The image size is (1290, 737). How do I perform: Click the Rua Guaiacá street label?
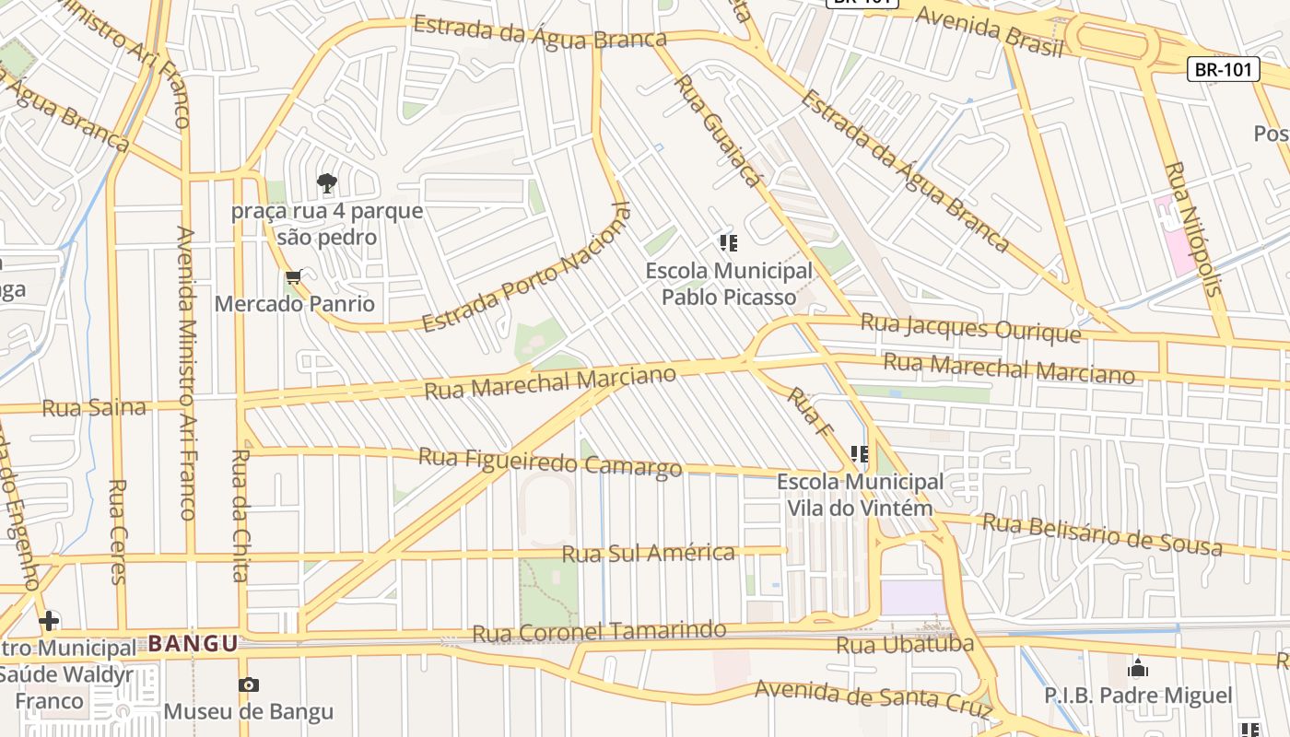[718, 130]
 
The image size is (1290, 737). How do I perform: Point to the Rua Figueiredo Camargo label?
[550, 462]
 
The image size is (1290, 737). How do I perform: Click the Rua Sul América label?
[649, 554]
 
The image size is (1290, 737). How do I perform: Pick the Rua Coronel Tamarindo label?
[599, 632]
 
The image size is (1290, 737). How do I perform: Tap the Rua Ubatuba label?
[905, 644]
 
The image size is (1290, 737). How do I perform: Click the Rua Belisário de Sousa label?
[1102, 535]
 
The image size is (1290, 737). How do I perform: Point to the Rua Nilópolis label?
[1193, 229]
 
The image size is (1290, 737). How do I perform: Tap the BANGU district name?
[193, 643]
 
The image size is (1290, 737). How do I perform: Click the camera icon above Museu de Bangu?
[248, 684]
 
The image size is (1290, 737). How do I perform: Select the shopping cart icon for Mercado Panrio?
[294, 276]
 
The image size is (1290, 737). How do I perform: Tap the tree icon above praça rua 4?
[326, 183]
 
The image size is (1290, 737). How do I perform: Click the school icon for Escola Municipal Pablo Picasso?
[728, 243]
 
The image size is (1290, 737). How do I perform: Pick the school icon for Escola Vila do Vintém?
[859, 453]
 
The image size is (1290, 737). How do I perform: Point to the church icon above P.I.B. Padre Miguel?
[1138, 667]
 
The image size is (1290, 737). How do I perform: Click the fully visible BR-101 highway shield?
[1223, 69]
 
